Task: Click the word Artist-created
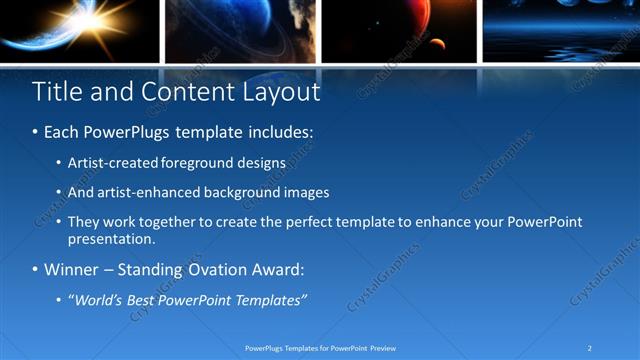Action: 107,162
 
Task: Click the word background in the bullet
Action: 246,192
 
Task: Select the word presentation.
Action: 111,240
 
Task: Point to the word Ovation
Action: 217,270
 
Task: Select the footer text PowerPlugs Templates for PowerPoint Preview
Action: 320,347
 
